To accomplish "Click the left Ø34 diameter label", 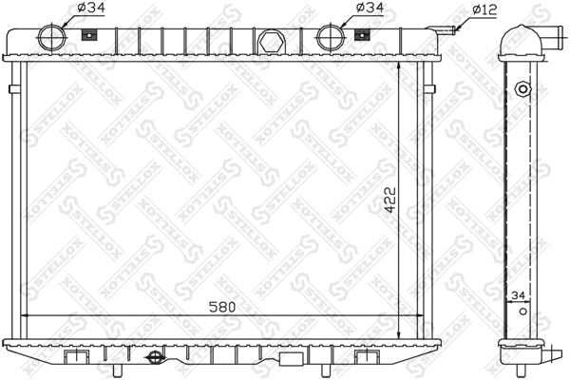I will tap(85, 8).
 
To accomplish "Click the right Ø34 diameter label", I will tap(367, 8).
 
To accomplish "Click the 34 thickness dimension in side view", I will tap(519, 296).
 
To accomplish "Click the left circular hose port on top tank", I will tap(53, 36).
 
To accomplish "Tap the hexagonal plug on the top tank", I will tap(270, 43).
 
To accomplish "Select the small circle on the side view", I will tap(521, 89).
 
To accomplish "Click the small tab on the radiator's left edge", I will tap(11, 90).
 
